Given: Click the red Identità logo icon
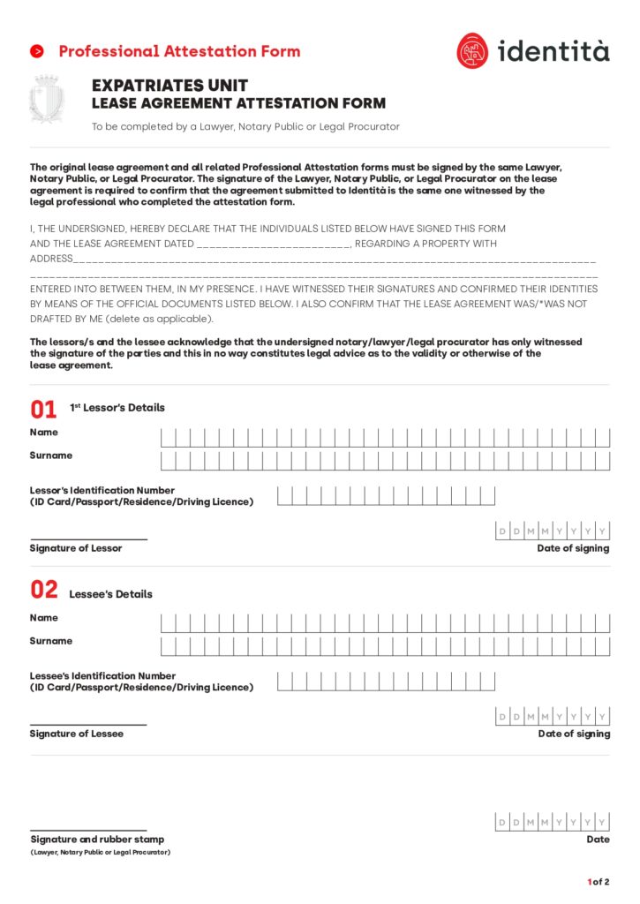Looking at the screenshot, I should point(472,51).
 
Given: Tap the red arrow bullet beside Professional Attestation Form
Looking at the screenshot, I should point(37,51).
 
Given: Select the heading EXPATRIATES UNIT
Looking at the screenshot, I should point(169,86).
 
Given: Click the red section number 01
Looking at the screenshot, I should point(43,409).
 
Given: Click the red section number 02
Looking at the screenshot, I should point(43,590).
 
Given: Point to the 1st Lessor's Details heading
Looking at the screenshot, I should point(117,408).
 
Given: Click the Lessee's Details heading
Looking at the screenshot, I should point(110,594).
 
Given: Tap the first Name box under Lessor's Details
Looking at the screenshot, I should point(168,437).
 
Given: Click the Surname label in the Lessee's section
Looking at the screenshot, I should point(51,641).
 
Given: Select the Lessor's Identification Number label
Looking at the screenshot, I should point(102,490).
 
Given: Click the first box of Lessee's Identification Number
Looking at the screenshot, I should point(284,682).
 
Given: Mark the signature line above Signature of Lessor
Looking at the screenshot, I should point(88,539).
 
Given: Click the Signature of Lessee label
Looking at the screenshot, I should point(77,734).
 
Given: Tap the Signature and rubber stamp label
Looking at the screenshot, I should point(97,840).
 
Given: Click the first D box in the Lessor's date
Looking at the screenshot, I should point(502,531).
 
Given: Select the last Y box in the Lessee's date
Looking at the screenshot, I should point(602,716).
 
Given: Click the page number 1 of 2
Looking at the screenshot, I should point(598,882).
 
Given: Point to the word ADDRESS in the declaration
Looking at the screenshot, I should point(50,259).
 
